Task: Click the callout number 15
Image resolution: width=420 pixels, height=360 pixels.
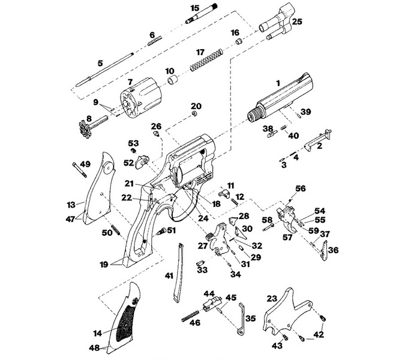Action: tap(194, 8)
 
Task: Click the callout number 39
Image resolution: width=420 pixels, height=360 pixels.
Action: tap(305, 112)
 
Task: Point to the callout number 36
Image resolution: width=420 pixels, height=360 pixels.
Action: tap(334, 250)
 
